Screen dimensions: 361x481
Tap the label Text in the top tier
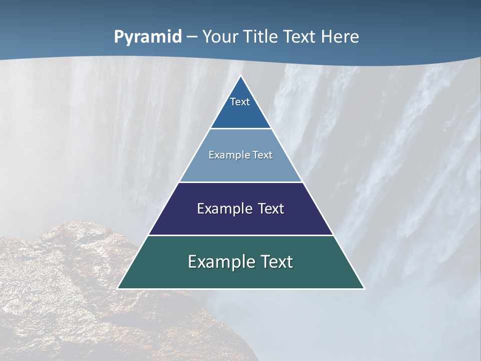click(x=240, y=102)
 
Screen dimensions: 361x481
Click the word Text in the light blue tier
click(x=263, y=155)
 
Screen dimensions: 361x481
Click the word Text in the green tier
click(x=277, y=262)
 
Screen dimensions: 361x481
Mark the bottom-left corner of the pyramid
click(x=118, y=288)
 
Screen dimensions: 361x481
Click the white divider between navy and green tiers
click(x=241, y=235)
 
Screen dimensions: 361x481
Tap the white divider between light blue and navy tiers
click(x=241, y=182)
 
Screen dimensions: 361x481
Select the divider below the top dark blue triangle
click(x=241, y=129)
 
